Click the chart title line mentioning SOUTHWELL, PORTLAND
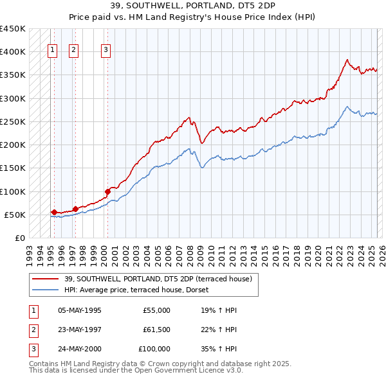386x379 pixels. [192, 7]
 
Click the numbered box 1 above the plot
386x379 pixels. [52, 51]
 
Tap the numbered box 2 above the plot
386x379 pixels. [74, 51]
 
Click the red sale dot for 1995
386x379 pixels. [54, 212]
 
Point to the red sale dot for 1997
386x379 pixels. [75, 209]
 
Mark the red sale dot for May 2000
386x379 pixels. [107, 191]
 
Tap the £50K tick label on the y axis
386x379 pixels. [15, 215]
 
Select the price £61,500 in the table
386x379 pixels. [156, 330]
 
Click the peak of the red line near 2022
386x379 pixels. [347, 60]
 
